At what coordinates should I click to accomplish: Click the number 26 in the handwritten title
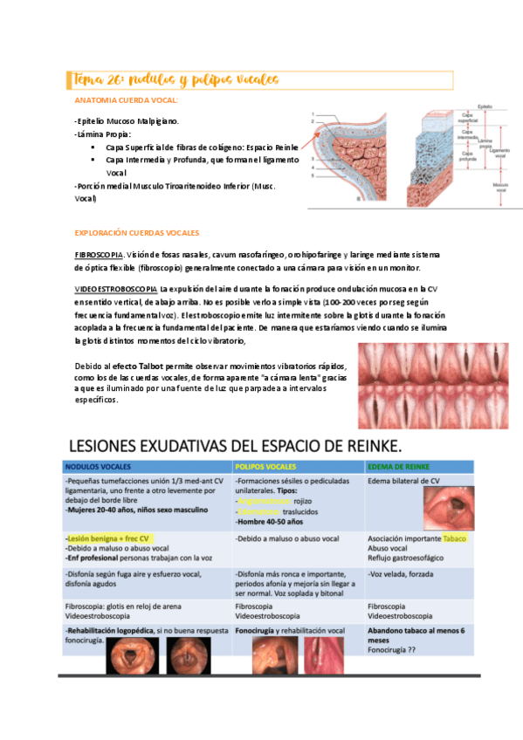click(116, 80)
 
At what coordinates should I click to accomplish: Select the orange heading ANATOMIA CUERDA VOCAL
click(127, 101)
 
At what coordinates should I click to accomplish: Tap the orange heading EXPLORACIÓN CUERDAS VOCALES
click(137, 233)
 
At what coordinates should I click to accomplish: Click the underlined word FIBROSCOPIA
click(99, 255)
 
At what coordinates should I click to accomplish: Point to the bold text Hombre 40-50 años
click(268, 521)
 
